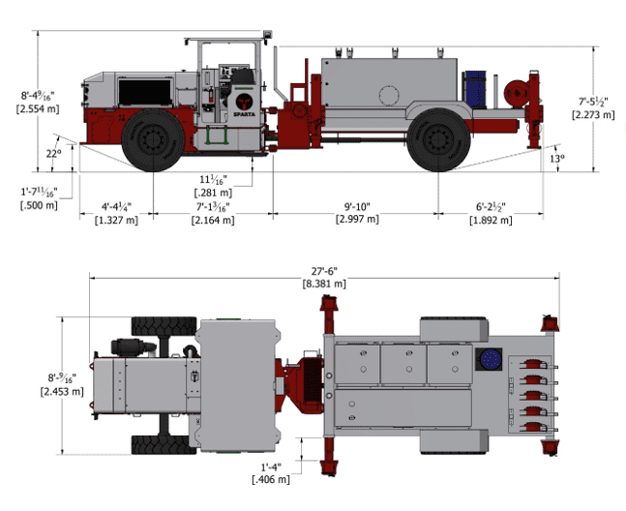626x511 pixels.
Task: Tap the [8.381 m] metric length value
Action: (325, 283)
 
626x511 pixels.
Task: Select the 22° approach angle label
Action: (53, 152)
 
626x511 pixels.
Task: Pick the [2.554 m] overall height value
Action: (38, 109)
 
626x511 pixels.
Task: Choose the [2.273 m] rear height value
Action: (593, 114)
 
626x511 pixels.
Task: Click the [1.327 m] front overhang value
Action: (116, 220)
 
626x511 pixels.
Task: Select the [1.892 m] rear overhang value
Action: (493, 220)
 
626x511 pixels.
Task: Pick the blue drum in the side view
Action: (475, 86)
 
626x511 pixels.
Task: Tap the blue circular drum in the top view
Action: (490, 359)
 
